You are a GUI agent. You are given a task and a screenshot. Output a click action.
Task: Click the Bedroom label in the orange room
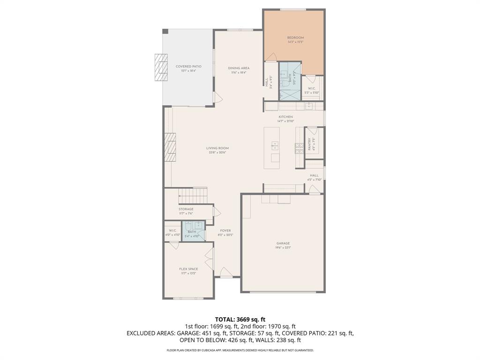[295, 38]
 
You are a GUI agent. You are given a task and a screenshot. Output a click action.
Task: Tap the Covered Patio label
[188, 67]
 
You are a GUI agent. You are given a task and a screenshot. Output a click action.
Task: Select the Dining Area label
[239, 68]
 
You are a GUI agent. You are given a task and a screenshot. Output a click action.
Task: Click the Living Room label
[217, 148]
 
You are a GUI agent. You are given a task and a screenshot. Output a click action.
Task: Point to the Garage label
[283, 243]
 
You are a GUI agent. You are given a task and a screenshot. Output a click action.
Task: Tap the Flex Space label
[188, 269]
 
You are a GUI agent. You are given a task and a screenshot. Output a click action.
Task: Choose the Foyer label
[225, 231]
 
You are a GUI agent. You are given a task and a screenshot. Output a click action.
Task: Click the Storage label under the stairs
[186, 209]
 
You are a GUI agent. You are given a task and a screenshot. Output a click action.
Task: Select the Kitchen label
[285, 117]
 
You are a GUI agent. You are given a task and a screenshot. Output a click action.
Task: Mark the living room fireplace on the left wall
[170, 148]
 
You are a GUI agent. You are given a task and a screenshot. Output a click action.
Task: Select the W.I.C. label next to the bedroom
[312, 89]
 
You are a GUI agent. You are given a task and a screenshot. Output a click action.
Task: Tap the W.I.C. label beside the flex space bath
[172, 231]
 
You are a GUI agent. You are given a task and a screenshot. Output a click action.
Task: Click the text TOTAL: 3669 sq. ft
[240, 319]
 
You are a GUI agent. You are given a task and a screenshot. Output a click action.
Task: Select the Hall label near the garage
[314, 175]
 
